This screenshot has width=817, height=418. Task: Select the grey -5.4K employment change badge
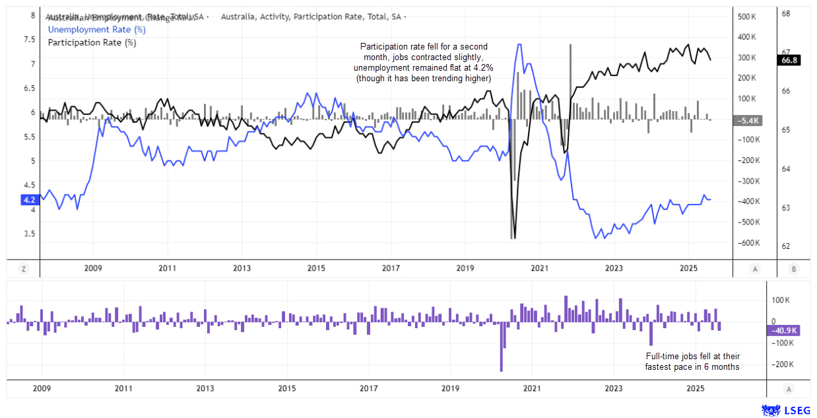747,120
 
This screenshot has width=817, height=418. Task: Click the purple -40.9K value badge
783,331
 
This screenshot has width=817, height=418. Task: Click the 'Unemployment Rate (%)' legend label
97,29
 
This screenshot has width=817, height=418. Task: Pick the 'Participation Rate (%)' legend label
92,43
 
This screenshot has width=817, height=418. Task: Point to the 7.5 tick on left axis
29,40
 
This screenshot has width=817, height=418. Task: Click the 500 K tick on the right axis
746,16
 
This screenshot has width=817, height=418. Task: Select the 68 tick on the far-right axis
787,13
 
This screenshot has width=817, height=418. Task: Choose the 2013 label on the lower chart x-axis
205,388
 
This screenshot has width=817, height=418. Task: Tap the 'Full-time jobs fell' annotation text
692,361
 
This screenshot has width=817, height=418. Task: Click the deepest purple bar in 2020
502,346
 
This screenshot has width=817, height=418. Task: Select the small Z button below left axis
23,269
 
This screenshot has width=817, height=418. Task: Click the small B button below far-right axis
793,269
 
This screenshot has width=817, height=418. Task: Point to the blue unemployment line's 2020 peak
519,45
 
